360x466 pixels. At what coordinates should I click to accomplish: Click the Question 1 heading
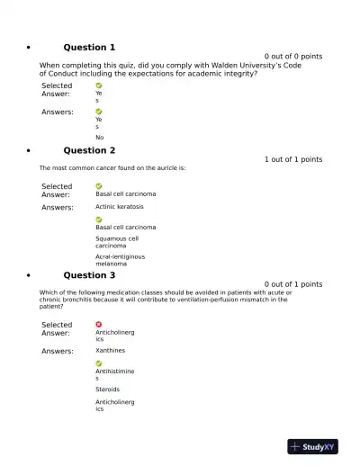tap(89, 47)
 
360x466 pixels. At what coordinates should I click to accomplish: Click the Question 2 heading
tap(89, 150)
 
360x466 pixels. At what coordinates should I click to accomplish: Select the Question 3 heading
tap(89, 275)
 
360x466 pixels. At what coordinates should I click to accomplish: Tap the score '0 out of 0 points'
tap(292, 56)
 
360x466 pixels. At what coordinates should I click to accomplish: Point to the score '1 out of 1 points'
tap(292, 159)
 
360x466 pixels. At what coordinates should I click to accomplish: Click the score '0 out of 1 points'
tap(292, 284)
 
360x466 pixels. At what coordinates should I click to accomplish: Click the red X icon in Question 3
tap(99, 324)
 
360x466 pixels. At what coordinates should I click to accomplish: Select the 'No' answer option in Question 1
tap(99, 138)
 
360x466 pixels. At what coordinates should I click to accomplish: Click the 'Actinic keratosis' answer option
tap(119, 207)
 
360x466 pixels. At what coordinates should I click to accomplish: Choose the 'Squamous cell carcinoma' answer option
tap(117, 242)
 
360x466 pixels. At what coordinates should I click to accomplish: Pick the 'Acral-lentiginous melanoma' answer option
tap(120, 260)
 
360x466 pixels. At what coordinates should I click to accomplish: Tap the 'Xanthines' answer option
tap(110, 351)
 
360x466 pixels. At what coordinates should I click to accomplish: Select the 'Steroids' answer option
tap(107, 390)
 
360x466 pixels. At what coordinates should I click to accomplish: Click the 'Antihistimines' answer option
tap(114, 374)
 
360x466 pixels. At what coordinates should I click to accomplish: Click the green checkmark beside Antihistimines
tap(99, 363)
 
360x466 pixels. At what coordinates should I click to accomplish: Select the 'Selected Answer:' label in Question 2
tap(57, 191)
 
